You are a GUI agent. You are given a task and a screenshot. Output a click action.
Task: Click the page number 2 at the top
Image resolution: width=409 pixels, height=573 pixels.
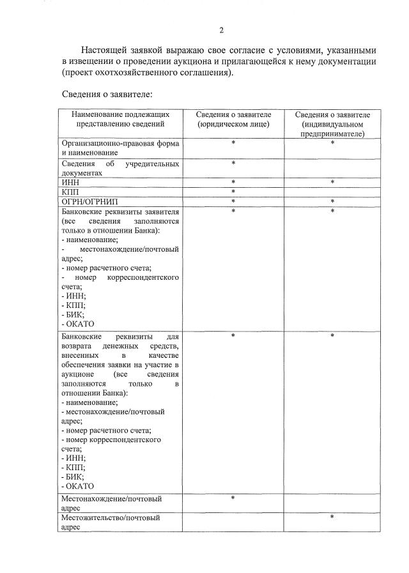pos(221,30)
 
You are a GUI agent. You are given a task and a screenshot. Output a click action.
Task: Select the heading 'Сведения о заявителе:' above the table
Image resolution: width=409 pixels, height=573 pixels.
pos(107,95)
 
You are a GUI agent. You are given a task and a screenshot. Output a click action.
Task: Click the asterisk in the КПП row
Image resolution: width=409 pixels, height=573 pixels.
pos(233,192)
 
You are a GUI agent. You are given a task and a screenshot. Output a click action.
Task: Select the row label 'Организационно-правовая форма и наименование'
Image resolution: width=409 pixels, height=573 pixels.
pos(120,148)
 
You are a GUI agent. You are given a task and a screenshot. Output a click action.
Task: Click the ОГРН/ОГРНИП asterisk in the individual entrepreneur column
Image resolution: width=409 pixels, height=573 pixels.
pos(332,201)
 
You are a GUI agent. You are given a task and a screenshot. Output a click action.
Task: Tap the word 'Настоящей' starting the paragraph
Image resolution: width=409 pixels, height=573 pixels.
pos(104,50)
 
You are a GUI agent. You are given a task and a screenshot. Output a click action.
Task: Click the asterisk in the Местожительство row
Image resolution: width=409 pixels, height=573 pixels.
pos(332,517)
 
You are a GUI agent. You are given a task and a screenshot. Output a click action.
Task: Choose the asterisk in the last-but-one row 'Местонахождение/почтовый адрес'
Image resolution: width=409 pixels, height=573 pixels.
pos(233,498)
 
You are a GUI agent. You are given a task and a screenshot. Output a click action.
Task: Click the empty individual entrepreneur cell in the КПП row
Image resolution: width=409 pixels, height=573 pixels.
pos(332,192)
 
